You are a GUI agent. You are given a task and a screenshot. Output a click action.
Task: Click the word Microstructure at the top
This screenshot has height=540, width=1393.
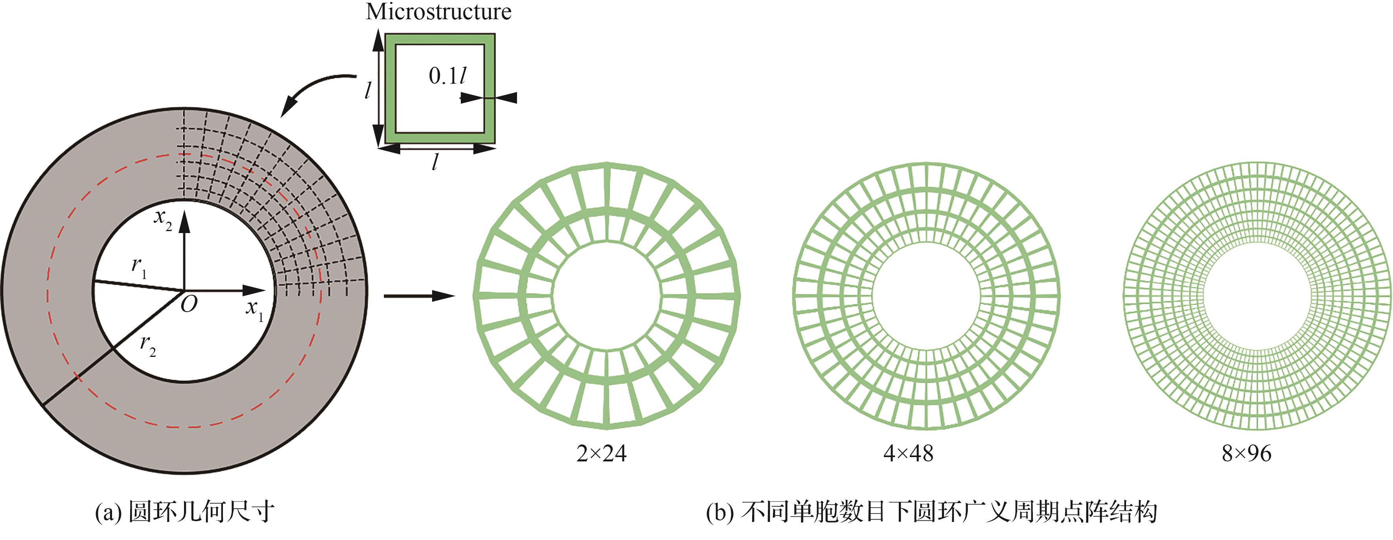tap(438, 12)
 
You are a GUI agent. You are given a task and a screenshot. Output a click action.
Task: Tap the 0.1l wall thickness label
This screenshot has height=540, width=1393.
tap(447, 76)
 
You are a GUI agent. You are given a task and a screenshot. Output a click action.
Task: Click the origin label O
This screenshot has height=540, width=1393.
tap(189, 305)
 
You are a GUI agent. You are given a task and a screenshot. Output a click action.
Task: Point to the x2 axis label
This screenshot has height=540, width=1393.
tap(163, 219)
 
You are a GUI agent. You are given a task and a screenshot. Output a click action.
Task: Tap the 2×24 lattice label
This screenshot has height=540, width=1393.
tap(601, 454)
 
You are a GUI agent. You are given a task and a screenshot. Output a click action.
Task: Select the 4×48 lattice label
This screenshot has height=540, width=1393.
tap(909, 454)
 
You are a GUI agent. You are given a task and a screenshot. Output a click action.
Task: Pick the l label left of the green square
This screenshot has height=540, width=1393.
tap(368, 90)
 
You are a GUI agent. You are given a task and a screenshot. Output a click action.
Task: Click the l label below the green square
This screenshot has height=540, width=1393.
tap(435, 161)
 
